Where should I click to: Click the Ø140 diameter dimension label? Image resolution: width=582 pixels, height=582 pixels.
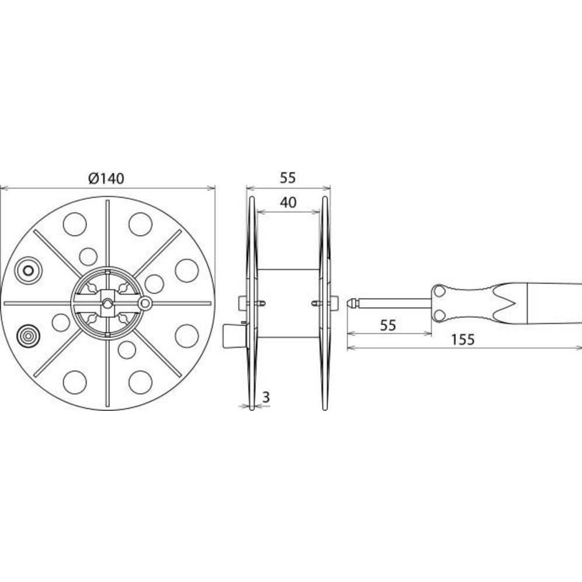click(106, 179)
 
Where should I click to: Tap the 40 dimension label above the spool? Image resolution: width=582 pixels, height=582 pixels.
click(289, 202)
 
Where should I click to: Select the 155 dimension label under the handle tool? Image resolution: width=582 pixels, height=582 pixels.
click(463, 340)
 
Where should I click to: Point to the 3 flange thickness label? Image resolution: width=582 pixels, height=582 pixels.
click(266, 397)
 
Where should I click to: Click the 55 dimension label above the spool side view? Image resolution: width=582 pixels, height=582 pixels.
click(287, 178)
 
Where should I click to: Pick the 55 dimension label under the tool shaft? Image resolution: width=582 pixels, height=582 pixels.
click(388, 325)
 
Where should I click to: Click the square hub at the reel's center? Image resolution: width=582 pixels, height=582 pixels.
click(108, 303)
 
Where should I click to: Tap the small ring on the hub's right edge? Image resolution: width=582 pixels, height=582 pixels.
click(145, 303)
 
